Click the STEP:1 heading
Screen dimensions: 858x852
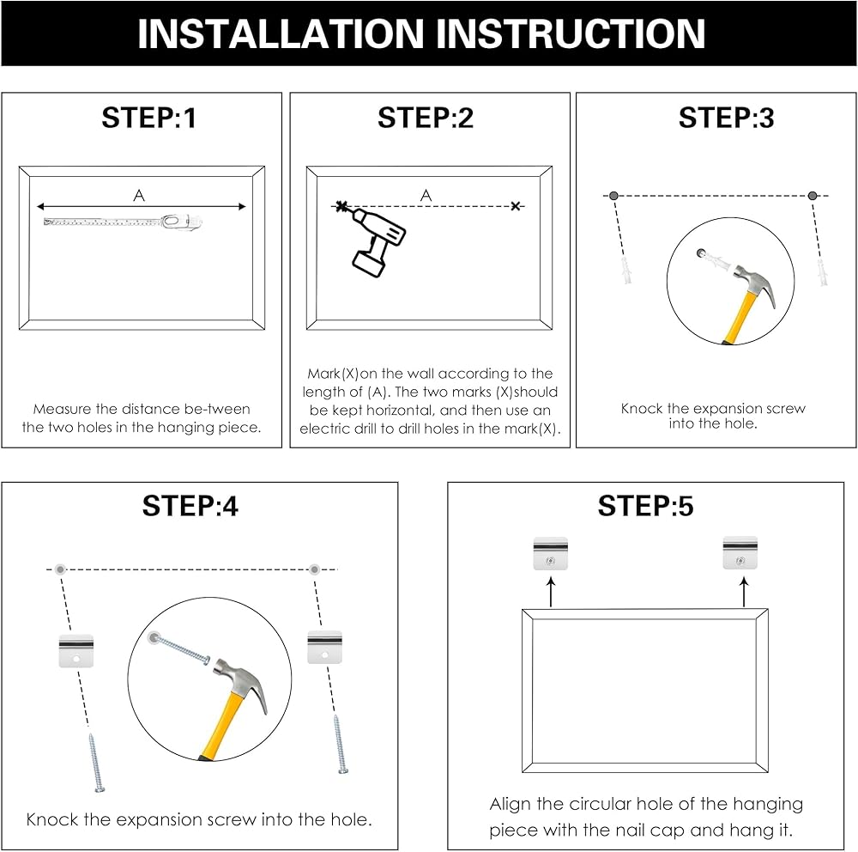click(148, 118)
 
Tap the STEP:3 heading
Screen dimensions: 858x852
click(726, 118)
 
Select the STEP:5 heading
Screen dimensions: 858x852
click(645, 506)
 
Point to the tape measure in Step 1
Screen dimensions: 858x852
click(123, 222)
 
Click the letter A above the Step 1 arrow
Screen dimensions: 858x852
click(139, 196)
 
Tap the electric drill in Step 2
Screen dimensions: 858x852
click(377, 241)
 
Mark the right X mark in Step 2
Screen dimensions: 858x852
click(516, 207)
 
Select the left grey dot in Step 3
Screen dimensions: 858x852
click(613, 196)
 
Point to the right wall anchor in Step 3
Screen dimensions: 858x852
click(822, 273)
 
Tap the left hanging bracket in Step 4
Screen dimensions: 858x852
click(76, 651)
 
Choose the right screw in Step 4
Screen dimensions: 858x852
click(341, 744)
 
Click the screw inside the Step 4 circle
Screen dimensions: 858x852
click(179, 648)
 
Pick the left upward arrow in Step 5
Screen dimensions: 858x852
click(551, 593)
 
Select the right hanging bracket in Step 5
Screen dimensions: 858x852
click(740, 553)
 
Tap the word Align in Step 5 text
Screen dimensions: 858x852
click(510, 804)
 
